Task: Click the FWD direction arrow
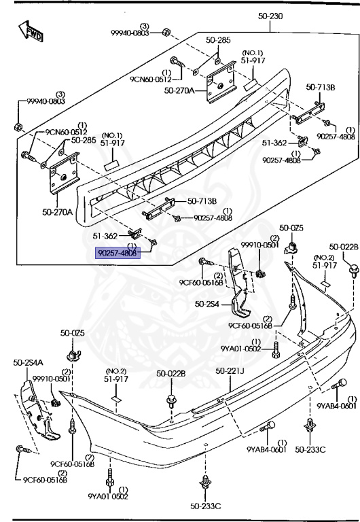31,32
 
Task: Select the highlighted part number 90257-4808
118,253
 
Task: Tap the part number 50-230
270,16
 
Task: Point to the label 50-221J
230,370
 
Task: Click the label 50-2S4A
28,362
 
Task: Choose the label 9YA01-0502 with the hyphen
241,349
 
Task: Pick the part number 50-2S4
207,304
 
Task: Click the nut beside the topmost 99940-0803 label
166,33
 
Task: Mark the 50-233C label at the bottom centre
206,506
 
